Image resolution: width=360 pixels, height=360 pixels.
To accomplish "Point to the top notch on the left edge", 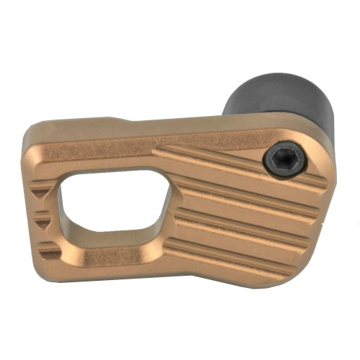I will [x=45, y=188].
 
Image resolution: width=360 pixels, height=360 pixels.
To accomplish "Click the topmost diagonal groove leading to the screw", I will [x=216, y=156].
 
